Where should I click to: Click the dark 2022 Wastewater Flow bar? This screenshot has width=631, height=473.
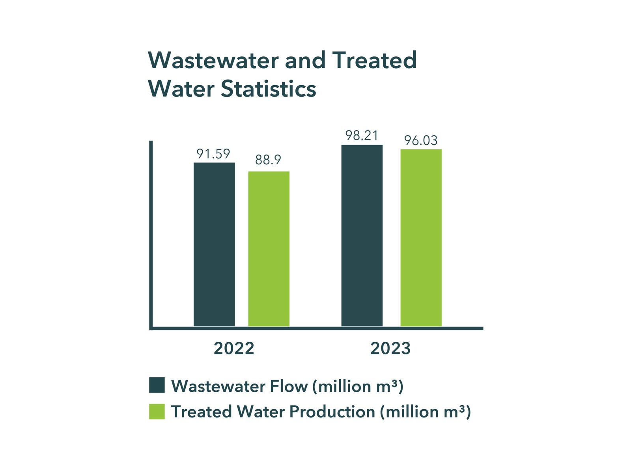214,244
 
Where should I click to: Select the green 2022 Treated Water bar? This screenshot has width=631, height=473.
269,249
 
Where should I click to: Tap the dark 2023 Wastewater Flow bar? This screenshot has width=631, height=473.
362,236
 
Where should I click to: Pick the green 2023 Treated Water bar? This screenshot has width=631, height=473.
421,238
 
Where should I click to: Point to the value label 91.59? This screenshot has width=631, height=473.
213,154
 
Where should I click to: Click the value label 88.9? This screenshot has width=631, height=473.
268,160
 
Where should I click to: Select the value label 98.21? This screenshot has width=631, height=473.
362,136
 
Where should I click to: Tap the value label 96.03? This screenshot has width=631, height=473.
421,140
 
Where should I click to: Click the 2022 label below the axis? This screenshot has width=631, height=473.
234,348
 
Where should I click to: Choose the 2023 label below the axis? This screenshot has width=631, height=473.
390,348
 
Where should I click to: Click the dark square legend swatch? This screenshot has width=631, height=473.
157,385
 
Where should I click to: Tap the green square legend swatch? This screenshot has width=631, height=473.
157,412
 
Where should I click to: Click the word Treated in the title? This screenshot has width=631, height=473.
374,60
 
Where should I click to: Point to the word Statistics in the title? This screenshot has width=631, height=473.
268,89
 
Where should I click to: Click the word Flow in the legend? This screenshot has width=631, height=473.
288,386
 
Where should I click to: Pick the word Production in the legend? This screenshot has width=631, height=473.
332,412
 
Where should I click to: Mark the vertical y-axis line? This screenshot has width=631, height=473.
151,235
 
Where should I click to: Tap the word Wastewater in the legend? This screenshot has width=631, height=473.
218,386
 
